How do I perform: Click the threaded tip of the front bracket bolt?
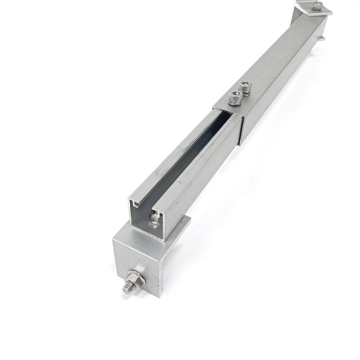[126, 287]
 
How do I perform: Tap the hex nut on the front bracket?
[135, 278]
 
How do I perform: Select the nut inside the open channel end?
[156, 218]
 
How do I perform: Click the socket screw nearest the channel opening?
[235, 100]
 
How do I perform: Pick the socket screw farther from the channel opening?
[245, 88]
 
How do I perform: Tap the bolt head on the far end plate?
[318, 6]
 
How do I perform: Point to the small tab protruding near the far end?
[322, 38]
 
